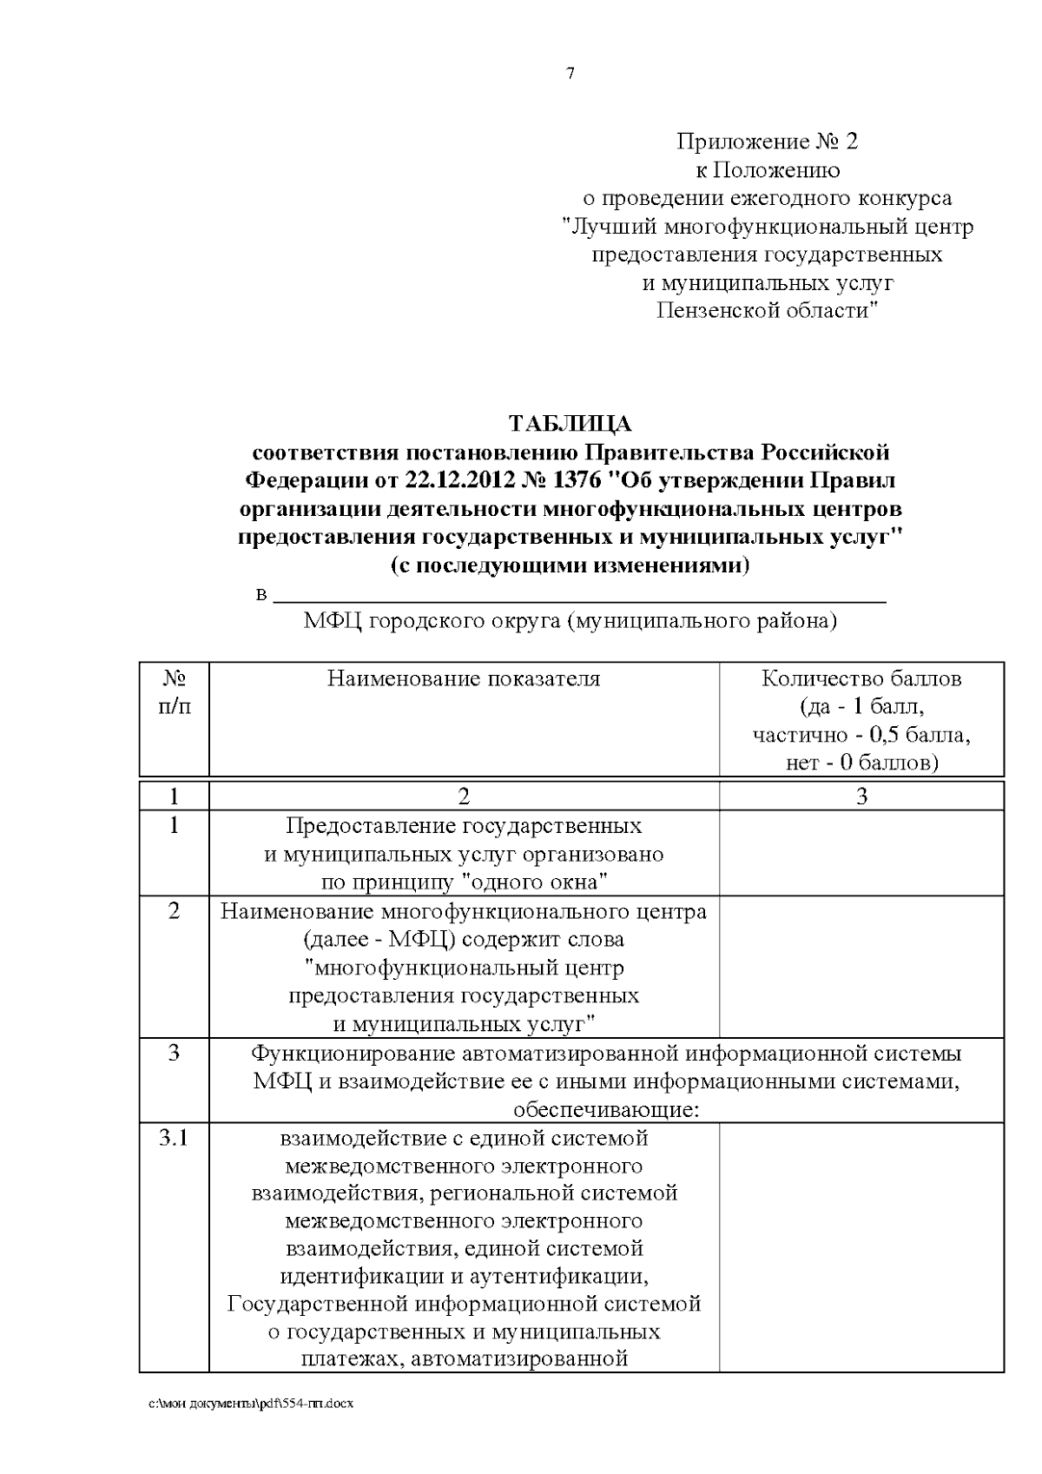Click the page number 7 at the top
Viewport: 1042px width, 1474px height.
click(x=570, y=74)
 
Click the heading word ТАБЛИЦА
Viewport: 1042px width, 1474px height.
click(x=570, y=424)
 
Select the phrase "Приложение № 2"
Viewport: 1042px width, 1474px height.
click(x=767, y=142)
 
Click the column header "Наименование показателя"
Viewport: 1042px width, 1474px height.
click(x=464, y=679)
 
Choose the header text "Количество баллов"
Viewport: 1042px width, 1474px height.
click(x=861, y=679)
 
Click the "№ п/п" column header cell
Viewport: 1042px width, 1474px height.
click(x=174, y=692)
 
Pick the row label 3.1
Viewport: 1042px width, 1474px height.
click(x=174, y=1138)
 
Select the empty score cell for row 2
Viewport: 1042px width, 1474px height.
click(x=861, y=967)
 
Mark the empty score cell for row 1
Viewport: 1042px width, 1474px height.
click(x=861, y=853)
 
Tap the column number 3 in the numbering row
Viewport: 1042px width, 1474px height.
click(x=861, y=796)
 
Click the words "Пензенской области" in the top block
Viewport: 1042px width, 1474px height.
click(x=767, y=310)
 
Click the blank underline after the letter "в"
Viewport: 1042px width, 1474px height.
click(x=579, y=597)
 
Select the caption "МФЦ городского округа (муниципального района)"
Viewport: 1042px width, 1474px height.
click(x=570, y=622)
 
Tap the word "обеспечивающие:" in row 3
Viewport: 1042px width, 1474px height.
click(x=606, y=1109)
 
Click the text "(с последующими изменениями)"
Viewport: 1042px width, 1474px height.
click(x=570, y=565)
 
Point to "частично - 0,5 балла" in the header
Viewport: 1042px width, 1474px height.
click(x=861, y=735)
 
